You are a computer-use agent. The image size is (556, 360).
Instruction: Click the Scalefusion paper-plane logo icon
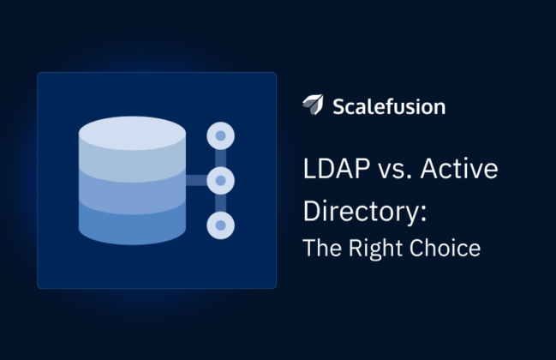(313, 105)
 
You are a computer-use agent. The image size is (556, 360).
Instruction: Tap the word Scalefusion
(389, 106)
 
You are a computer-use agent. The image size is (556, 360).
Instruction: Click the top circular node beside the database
(220, 135)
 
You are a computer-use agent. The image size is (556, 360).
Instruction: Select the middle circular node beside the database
(220, 180)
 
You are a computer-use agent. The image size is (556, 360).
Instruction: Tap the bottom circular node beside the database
(220, 225)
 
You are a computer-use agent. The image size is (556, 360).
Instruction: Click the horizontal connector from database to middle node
(196, 180)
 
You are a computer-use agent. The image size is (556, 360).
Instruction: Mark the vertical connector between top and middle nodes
(220, 158)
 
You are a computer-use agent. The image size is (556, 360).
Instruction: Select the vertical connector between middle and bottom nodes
(220, 202)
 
